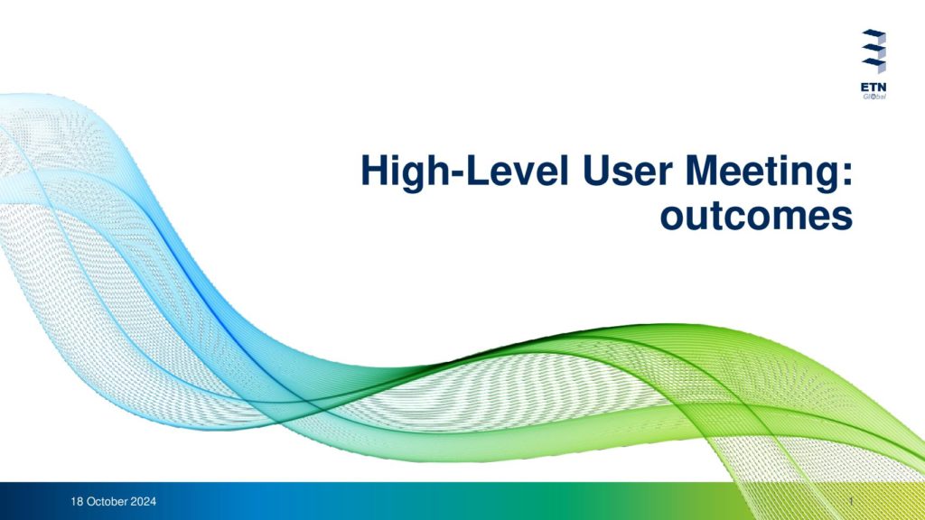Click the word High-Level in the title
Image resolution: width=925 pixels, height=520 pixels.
tap(465, 172)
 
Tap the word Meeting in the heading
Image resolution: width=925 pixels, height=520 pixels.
tap(763, 172)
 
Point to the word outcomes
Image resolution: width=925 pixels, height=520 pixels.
tap(756, 216)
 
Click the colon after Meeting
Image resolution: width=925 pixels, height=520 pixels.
tap(847, 174)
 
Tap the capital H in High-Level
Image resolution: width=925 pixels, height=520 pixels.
tap(373, 171)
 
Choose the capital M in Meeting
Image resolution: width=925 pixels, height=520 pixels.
tap(702, 171)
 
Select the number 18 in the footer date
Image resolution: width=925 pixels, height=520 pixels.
tap(77, 502)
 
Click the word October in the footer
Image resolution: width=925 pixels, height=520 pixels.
tap(107, 502)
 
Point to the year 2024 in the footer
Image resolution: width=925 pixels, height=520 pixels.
tap(144, 502)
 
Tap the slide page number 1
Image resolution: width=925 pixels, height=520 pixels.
tap(851, 501)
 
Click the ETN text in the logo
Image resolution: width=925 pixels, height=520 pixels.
tap(874, 88)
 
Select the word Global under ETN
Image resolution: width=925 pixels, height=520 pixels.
tap(874, 97)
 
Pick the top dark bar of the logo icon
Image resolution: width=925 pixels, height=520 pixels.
tap(874, 34)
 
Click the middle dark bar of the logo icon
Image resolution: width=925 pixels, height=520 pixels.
tap(874, 48)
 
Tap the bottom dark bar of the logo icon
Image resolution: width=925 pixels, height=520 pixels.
tap(874, 61)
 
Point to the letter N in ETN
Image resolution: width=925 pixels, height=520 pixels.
tap(882, 88)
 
